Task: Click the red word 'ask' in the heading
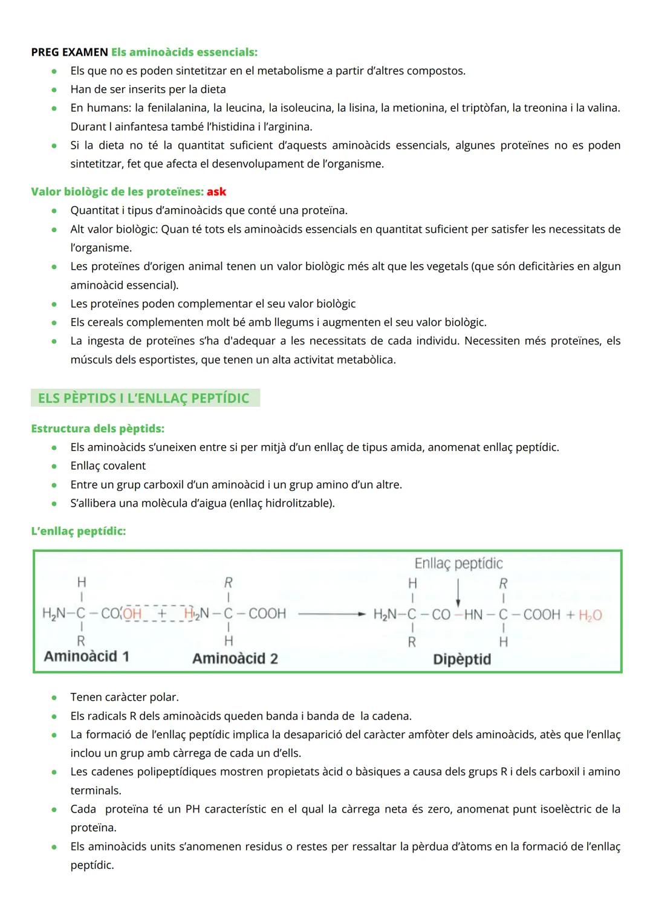coord(216,192)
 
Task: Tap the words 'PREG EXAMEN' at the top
coord(70,52)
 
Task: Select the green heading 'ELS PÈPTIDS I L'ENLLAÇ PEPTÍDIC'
coord(143,398)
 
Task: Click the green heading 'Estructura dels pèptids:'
coord(97,429)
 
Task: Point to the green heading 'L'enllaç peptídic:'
coord(79,531)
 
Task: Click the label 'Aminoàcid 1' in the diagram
coord(86,657)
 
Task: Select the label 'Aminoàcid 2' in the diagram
coord(235,658)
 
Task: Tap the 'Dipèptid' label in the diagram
coord(462,659)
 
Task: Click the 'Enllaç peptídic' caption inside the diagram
coord(458,563)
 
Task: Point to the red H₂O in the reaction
coord(590,615)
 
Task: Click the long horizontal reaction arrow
coord(332,614)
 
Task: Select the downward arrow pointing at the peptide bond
coord(458,593)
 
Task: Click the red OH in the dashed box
coord(132,614)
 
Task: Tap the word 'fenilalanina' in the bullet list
coord(175,108)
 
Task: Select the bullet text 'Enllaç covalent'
coord(108,466)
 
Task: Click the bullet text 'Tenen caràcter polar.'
coord(125,697)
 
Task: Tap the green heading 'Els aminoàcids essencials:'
coord(184,52)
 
